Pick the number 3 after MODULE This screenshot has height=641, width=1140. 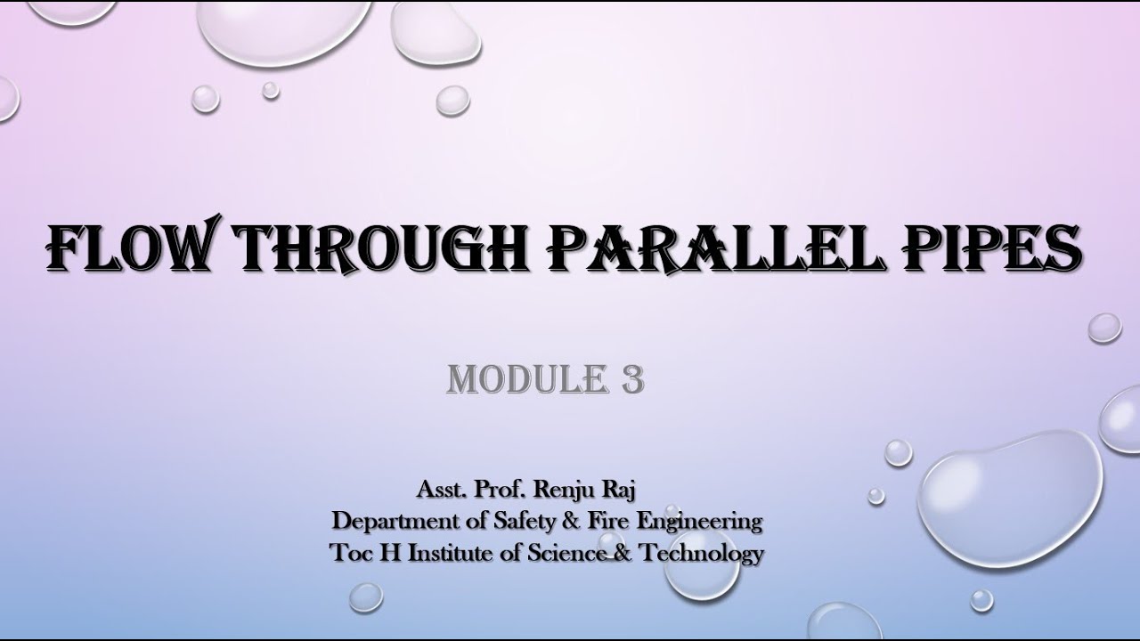click(630, 379)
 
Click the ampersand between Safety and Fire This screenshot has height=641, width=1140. click(557, 521)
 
